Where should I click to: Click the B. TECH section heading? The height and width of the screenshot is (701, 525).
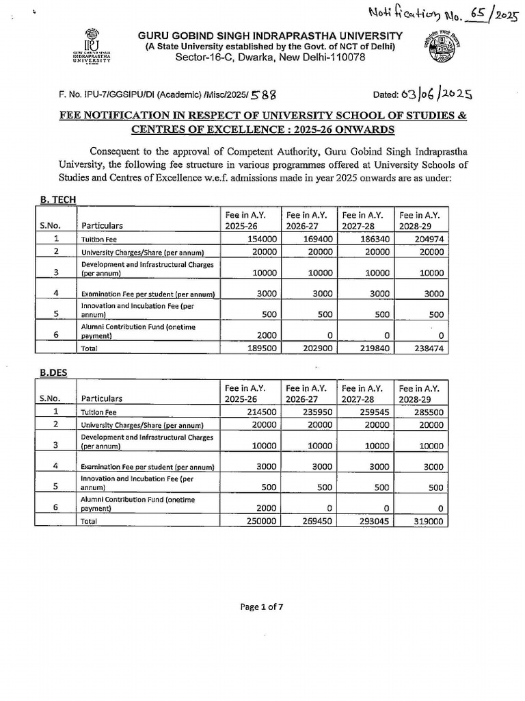click(57, 199)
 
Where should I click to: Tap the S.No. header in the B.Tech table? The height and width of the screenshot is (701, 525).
click(51, 225)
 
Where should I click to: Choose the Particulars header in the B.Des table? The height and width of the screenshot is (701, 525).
click(102, 398)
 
